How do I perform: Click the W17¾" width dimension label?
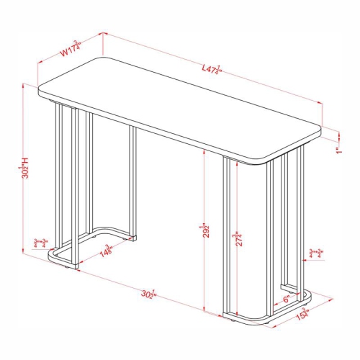(x=70, y=49)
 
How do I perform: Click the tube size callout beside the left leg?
(x=40, y=243)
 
